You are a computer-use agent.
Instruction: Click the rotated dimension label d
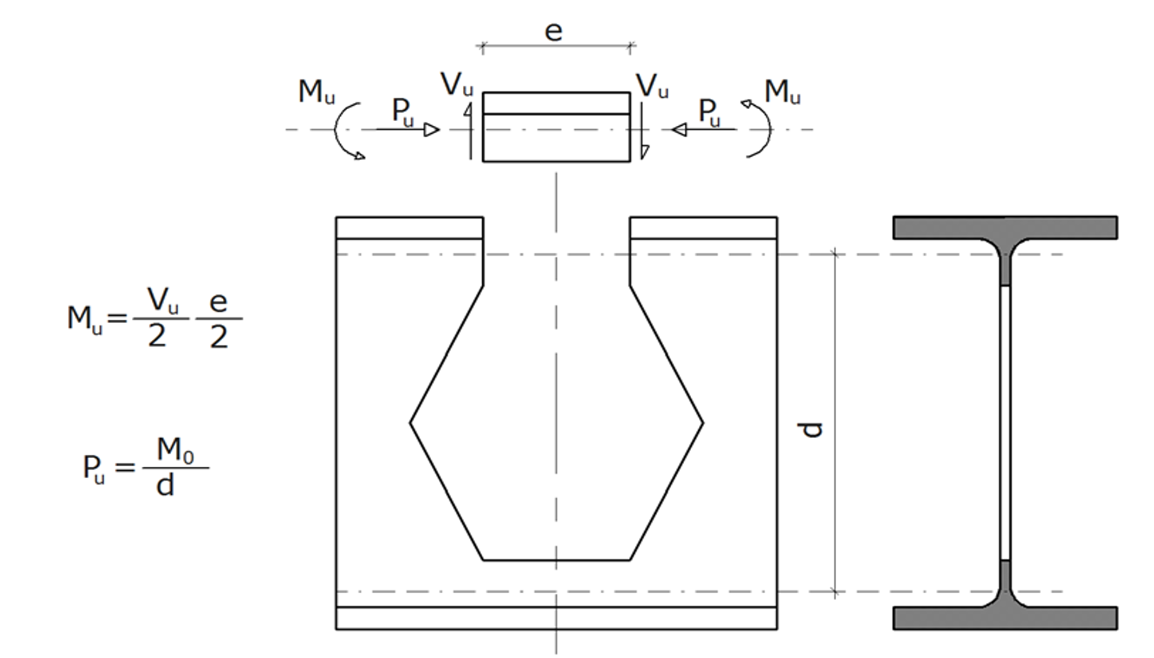(x=812, y=430)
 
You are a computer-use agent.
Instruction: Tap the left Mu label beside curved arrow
(x=316, y=92)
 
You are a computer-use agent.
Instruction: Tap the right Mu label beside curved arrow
(x=782, y=92)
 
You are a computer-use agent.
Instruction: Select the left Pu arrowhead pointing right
(x=432, y=130)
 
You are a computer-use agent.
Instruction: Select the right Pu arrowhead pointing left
(x=679, y=130)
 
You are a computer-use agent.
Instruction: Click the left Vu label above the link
(x=457, y=85)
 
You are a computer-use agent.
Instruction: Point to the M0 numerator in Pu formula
(x=175, y=450)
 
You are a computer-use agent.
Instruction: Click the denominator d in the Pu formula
(x=165, y=486)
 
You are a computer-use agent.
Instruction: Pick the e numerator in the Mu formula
(x=219, y=302)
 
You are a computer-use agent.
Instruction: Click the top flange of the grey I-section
(x=1005, y=227)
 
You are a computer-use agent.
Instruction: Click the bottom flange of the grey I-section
(x=1005, y=618)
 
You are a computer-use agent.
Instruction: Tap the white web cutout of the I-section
(x=1004, y=423)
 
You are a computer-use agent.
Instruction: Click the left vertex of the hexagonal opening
(x=410, y=423)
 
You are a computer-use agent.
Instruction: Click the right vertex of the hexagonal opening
(x=702, y=423)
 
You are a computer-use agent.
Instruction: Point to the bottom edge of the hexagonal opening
(x=556, y=560)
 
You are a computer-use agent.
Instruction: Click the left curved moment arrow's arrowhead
(x=360, y=156)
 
